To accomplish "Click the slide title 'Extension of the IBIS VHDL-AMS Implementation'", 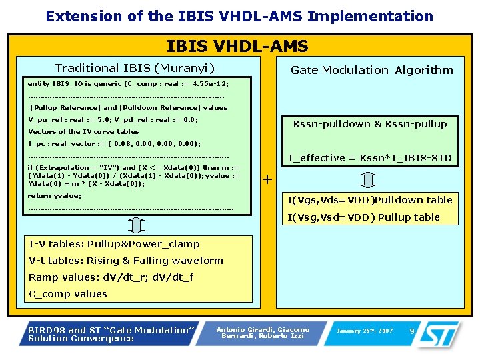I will (239, 16).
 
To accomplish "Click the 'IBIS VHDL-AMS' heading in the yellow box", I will (237, 46).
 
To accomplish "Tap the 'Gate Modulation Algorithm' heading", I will (371, 70).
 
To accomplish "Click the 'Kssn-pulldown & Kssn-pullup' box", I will (370, 123).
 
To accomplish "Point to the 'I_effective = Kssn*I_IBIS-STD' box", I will (369, 158).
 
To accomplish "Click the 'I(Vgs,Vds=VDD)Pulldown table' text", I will (369, 199).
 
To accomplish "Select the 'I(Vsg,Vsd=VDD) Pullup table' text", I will (363, 217).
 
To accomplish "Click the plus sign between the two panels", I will (267, 179).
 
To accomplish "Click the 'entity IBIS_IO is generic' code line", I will (128, 83).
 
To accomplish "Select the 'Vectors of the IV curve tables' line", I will (83, 131).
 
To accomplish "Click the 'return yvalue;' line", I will (54, 195).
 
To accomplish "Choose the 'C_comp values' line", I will (68, 294).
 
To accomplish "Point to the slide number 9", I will (411, 331).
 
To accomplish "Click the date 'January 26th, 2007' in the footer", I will (365, 331).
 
